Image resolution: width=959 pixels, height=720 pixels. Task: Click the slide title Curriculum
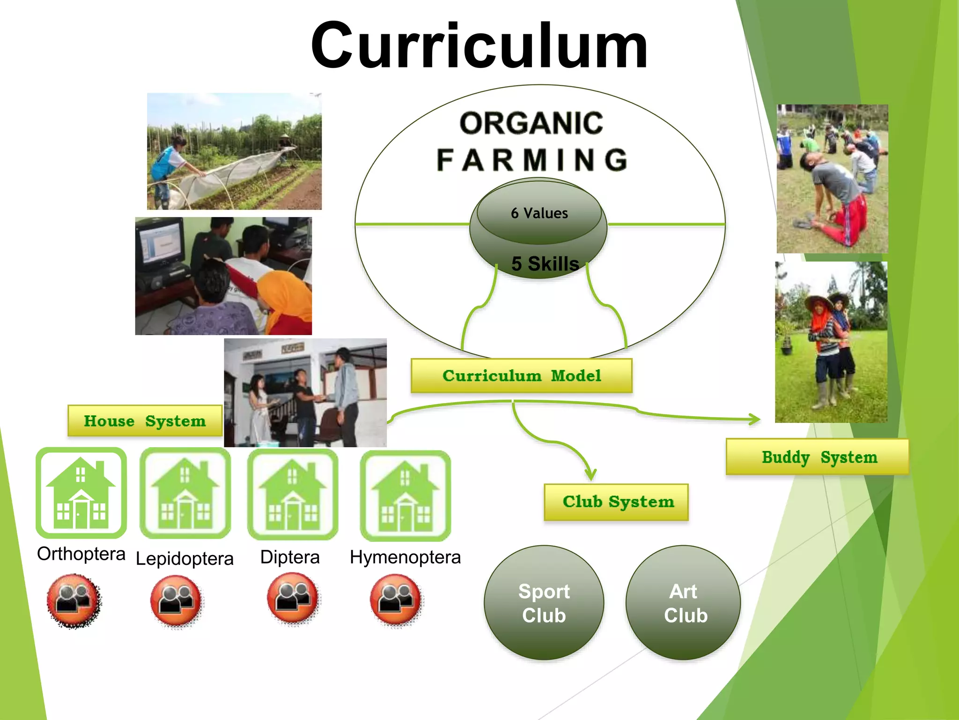tap(479, 47)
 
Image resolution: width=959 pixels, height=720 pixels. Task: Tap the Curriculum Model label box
tap(522, 376)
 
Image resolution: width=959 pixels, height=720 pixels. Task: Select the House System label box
tap(145, 421)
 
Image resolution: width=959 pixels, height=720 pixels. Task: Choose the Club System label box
tap(616, 502)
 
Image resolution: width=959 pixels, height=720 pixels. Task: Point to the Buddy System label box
tap(818, 457)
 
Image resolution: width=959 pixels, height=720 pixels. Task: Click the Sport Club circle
tap(544, 603)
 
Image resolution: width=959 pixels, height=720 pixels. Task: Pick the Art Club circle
tap(684, 603)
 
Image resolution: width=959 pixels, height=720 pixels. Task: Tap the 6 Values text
tap(539, 213)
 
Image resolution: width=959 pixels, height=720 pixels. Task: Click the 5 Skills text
tap(545, 264)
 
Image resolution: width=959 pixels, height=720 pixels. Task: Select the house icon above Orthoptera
tap(81, 493)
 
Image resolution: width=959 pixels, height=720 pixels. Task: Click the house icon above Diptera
tap(293, 494)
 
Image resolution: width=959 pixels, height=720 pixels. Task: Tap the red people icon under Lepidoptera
tap(176, 600)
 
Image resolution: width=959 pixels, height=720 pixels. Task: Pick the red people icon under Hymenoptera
tap(396, 600)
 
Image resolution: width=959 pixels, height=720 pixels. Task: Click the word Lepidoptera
tap(184, 559)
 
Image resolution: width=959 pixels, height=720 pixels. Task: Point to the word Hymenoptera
tap(406, 557)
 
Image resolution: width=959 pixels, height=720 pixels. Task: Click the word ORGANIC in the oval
tap(531, 123)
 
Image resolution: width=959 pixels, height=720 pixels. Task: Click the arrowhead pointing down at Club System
tap(591, 474)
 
